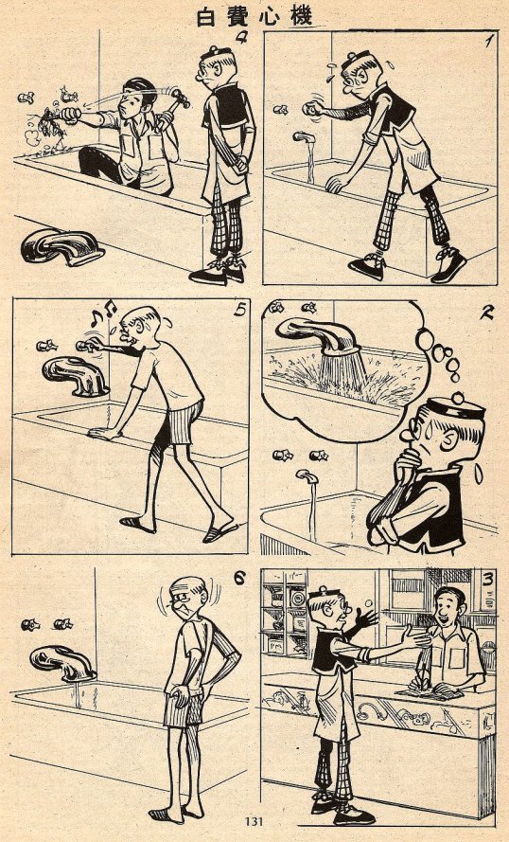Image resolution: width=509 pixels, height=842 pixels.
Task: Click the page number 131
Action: [254, 821]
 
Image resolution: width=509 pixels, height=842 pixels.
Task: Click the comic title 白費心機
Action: [254, 17]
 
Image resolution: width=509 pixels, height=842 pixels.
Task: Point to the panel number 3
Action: [487, 582]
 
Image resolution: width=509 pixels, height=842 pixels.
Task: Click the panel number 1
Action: [488, 41]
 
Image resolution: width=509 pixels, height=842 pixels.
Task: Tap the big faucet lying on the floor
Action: [61, 247]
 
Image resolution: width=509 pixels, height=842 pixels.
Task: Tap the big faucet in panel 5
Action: [75, 376]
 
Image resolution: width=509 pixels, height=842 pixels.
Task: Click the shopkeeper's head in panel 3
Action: [449, 603]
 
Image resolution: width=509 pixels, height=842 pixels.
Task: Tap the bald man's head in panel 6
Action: [189, 596]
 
